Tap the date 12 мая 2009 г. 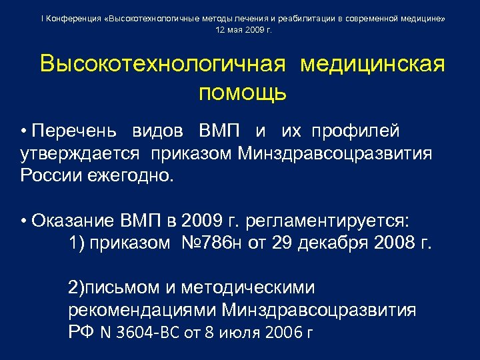click(x=244, y=31)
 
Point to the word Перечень click(x=74, y=131)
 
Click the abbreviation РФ click(x=81, y=333)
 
